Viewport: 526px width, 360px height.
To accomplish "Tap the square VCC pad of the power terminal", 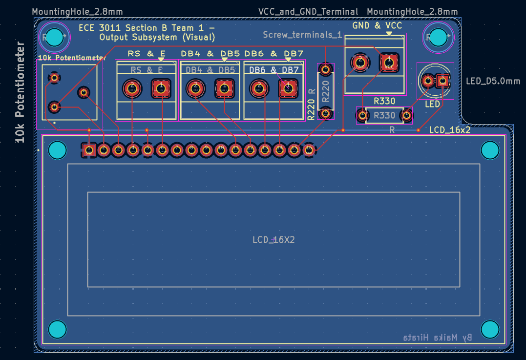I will click(x=389, y=62).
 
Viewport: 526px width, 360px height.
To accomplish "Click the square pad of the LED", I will click(x=443, y=80).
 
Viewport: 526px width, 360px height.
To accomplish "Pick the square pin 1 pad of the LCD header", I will click(x=89, y=150).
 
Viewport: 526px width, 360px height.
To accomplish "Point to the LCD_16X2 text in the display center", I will click(x=274, y=240).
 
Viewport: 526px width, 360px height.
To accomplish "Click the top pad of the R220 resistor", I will click(x=325, y=69).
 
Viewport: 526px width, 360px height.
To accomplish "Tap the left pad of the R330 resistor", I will click(x=362, y=116).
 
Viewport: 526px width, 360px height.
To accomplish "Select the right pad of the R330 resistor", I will click(x=406, y=116).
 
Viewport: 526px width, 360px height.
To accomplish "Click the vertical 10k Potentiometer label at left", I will click(x=20, y=93).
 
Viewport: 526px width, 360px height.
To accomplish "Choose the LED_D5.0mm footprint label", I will click(x=493, y=81).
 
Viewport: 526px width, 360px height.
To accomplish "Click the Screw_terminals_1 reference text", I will click(x=301, y=35).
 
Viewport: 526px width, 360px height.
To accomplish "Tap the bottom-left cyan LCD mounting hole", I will click(x=57, y=330).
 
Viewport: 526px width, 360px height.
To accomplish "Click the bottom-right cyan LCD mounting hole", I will click(x=490, y=330).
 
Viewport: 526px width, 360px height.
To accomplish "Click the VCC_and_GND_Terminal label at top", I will click(x=308, y=12).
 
